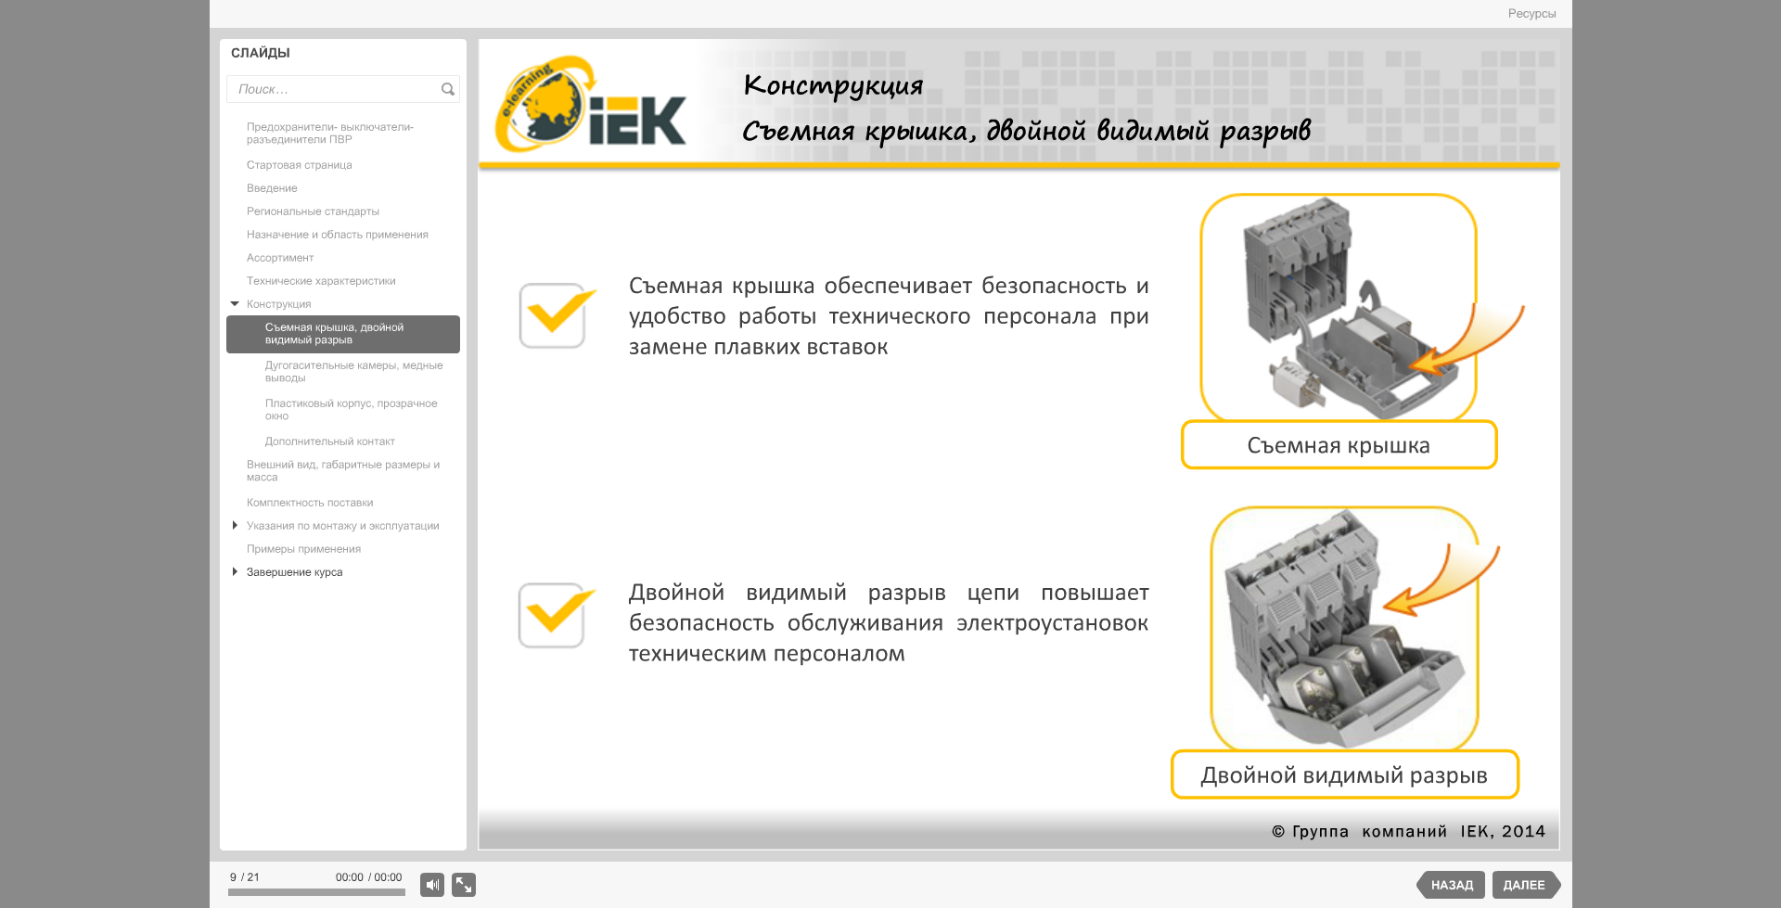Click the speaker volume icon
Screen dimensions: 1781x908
(x=432, y=885)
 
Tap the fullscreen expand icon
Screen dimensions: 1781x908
(x=464, y=885)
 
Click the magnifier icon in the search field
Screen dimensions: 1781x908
(x=448, y=89)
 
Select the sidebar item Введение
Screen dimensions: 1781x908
(x=272, y=188)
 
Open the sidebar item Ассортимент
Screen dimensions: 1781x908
(x=280, y=258)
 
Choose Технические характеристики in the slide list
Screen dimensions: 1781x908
(x=321, y=281)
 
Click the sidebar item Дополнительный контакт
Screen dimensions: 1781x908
(x=330, y=441)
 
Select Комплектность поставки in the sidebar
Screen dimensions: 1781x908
(x=310, y=503)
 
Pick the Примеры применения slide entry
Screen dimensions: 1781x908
(x=303, y=549)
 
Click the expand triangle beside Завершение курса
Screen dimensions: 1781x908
(x=235, y=571)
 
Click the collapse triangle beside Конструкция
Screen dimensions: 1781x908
(x=235, y=303)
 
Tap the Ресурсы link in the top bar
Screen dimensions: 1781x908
(x=1531, y=14)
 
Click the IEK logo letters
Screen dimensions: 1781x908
(x=637, y=121)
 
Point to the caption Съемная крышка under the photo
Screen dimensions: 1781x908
(x=1339, y=445)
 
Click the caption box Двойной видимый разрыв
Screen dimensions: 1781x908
(x=1344, y=774)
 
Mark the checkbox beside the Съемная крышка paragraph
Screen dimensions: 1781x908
(x=553, y=315)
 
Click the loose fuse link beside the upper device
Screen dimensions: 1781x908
(x=1297, y=381)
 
